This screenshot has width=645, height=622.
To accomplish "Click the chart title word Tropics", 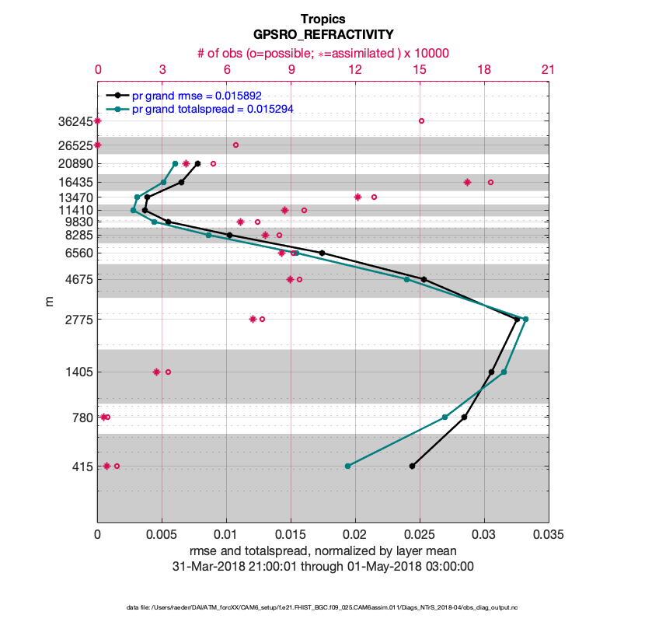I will (x=322, y=19).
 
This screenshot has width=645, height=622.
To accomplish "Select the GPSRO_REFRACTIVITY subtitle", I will (x=322, y=35).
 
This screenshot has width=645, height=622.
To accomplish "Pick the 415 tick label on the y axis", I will (x=81, y=466).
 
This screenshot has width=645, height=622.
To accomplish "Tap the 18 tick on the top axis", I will (x=483, y=70).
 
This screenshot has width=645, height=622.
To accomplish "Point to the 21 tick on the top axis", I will (x=548, y=70).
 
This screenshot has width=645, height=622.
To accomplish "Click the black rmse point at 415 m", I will (x=412, y=466).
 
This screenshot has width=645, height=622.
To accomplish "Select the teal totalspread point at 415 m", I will (x=347, y=466).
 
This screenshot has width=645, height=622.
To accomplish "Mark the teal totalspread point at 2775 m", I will (x=525, y=319).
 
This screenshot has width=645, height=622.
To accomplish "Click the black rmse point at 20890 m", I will (x=198, y=163).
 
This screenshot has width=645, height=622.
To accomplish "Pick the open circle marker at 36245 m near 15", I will (x=421, y=121).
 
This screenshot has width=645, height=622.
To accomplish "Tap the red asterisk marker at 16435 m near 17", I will (x=467, y=182).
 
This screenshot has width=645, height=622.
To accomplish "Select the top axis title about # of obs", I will (x=322, y=53).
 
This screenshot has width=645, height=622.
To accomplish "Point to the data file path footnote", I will (x=322, y=606).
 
